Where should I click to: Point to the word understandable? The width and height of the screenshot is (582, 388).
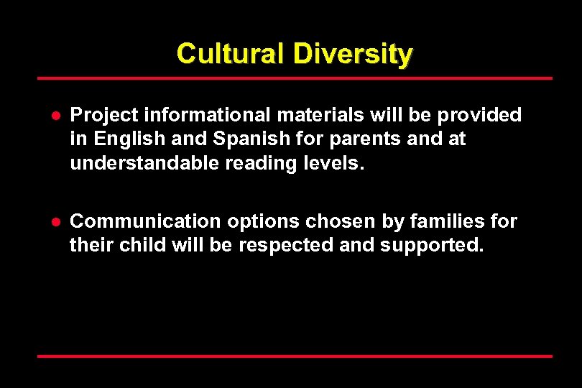144,163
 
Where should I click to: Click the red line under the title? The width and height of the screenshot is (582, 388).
295,78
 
